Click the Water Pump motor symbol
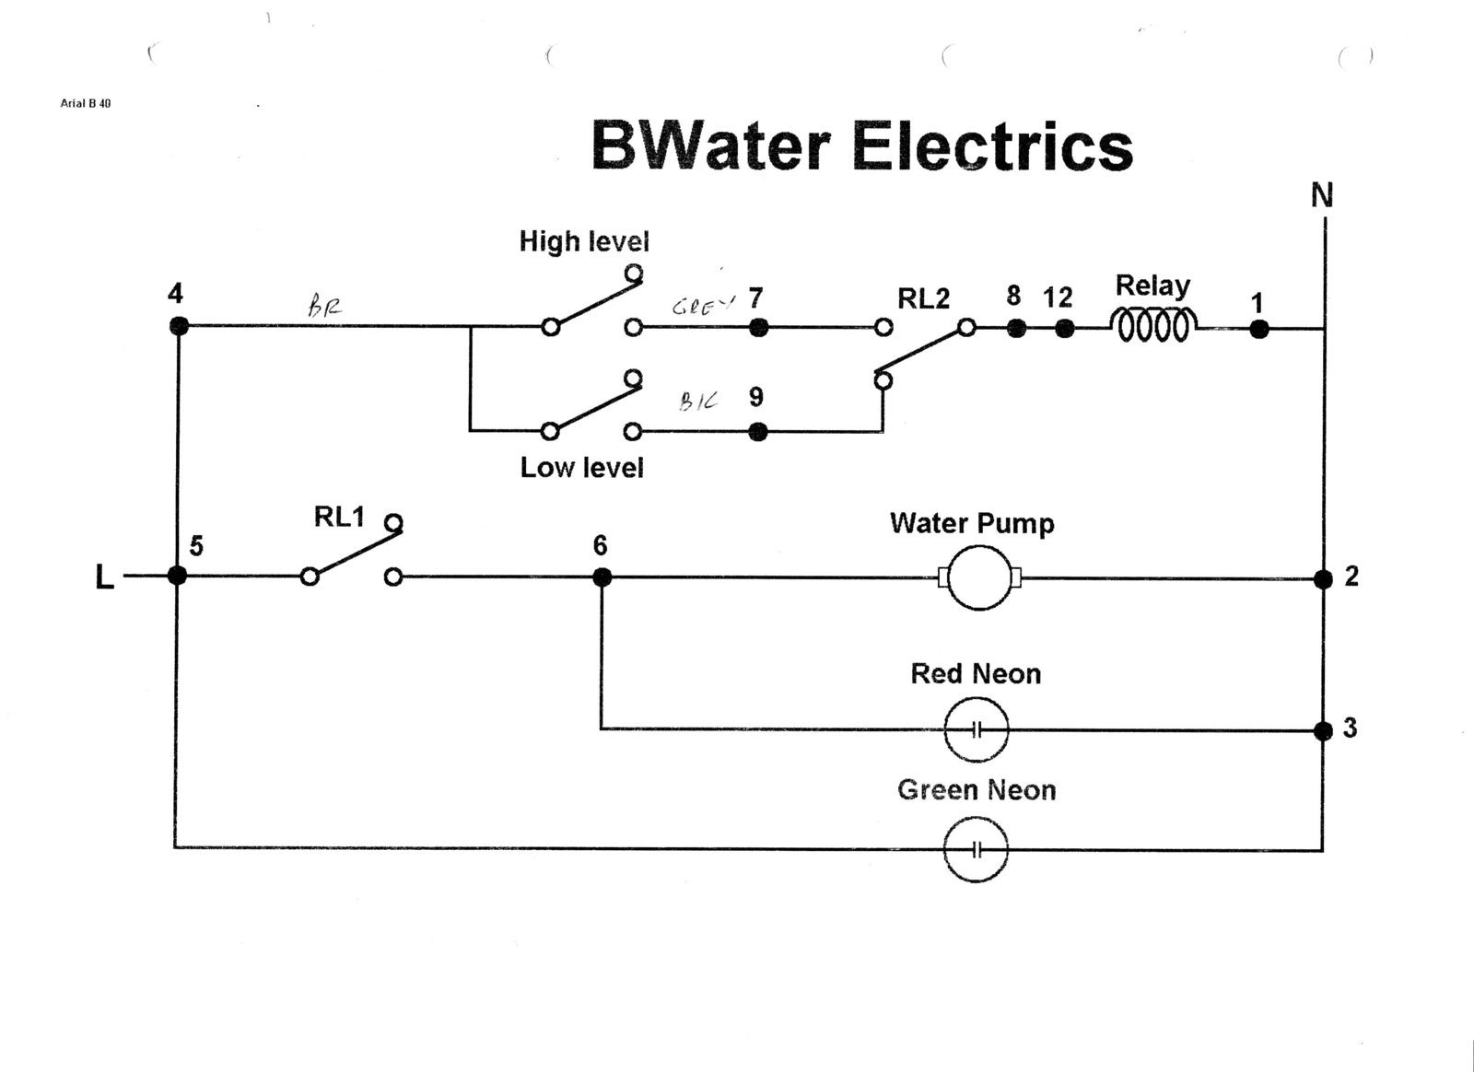click(978, 577)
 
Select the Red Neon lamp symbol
click(977, 729)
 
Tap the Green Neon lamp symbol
click(977, 849)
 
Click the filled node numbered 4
click(179, 326)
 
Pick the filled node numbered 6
click(601, 577)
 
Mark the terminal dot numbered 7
click(758, 327)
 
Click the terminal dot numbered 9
click(758, 431)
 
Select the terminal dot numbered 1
click(1258, 329)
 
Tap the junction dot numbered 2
click(1323, 578)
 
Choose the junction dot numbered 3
click(1323, 730)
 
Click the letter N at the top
click(1322, 195)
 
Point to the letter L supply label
click(105, 577)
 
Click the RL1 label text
click(339, 518)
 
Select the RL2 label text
click(923, 298)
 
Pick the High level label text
click(584, 241)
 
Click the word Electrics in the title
click(992, 146)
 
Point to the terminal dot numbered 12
click(1064, 329)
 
